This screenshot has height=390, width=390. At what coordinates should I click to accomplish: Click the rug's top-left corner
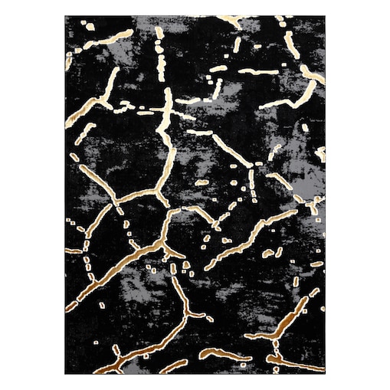tap(66, 16)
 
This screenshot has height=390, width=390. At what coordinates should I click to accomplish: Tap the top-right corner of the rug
tap(325, 16)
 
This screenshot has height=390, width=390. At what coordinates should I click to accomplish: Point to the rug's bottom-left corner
tap(66, 374)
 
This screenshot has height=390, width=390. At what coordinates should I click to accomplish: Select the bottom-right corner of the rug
tap(325, 374)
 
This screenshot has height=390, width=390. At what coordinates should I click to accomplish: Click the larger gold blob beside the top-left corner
tap(90, 27)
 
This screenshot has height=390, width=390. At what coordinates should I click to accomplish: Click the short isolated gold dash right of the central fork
tap(202, 182)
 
